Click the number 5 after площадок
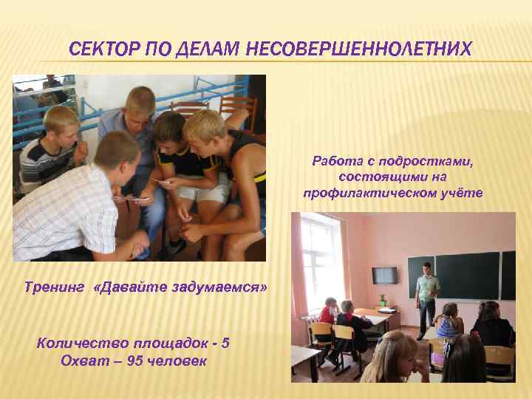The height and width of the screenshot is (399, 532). pyautogui.click(x=225, y=343)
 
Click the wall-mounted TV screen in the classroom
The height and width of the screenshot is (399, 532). pyautogui.click(x=384, y=275)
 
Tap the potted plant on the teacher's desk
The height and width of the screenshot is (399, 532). pyautogui.click(x=382, y=300)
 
